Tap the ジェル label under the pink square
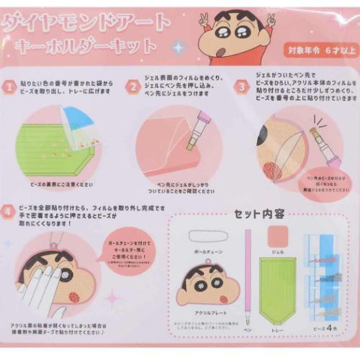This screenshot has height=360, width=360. tap(277, 253)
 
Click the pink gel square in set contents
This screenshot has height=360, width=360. tap(277, 237)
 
